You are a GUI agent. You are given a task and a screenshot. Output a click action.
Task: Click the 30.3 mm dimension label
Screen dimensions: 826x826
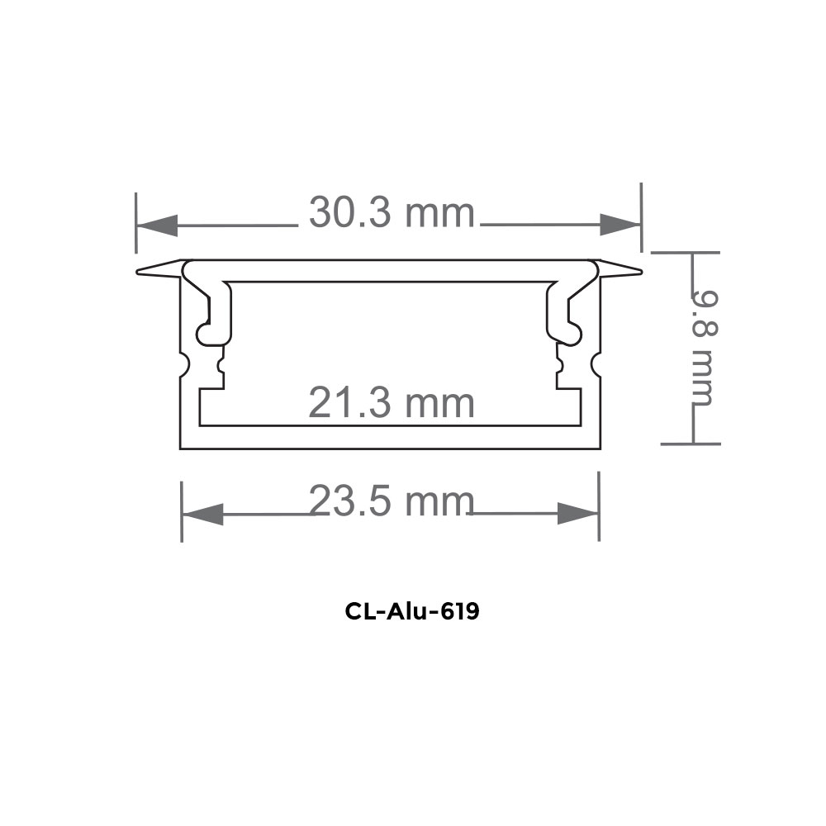(392, 213)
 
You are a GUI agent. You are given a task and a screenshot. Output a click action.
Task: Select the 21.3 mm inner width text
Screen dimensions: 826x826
(392, 404)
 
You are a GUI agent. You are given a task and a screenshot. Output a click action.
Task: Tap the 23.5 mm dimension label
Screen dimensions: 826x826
(392, 501)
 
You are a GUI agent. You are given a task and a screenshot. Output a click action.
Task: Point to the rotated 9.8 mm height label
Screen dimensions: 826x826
(703, 347)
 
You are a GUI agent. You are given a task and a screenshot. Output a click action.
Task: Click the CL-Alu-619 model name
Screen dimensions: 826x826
(412, 612)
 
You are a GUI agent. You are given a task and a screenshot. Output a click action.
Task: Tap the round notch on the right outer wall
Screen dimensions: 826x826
(594, 363)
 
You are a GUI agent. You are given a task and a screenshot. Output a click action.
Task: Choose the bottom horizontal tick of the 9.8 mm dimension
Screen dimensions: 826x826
(691, 444)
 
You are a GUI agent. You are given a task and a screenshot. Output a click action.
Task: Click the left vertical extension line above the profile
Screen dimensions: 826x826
(137, 223)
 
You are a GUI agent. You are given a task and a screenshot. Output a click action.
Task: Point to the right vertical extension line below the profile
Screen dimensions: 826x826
(599, 512)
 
